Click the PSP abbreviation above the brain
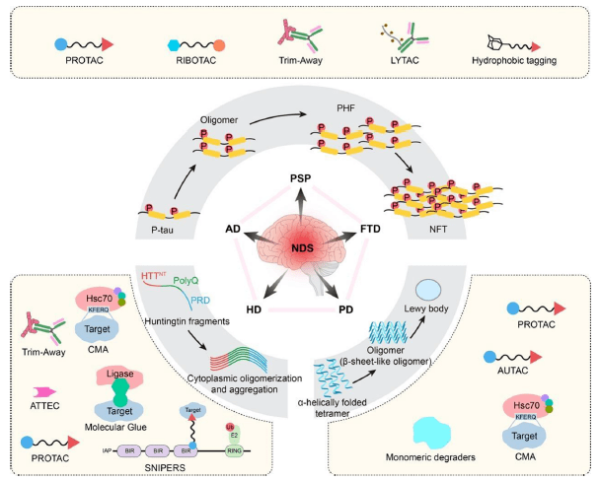click(x=300, y=176)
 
